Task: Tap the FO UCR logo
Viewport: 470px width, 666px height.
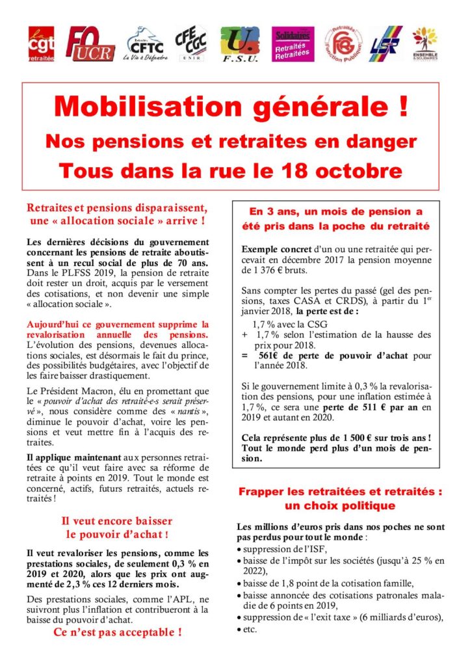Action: click(90, 44)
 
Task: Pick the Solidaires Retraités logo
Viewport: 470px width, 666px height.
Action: click(292, 44)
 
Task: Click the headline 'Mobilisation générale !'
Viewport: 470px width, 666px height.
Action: click(234, 107)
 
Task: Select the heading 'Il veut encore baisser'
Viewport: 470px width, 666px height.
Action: click(116, 521)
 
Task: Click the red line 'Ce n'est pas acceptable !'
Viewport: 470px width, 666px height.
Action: click(116, 632)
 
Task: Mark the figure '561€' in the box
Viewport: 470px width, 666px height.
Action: click(270, 356)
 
